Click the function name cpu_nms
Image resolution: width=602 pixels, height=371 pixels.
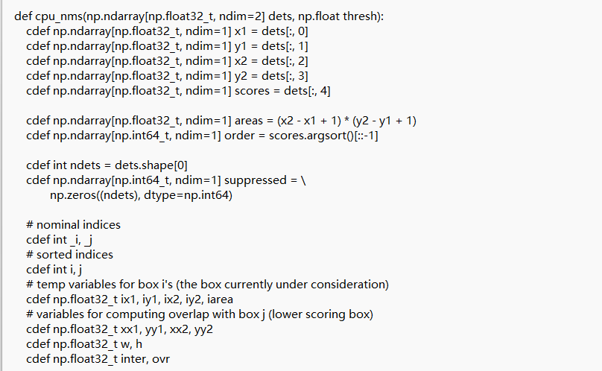(60, 16)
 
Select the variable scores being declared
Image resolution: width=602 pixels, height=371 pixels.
(252, 91)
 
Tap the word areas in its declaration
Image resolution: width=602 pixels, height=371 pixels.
(248, 121)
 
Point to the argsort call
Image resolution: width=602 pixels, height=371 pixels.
(325, 136)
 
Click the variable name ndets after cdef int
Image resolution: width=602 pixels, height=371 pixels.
(85, 165)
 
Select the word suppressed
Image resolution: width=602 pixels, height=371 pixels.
(255, 180)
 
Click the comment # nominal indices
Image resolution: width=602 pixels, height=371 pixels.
(73, 225)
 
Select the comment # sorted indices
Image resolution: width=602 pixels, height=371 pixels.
(69, 255)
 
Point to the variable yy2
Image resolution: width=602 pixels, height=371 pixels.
(203, 329)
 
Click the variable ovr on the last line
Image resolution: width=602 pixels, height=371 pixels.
(161, 360)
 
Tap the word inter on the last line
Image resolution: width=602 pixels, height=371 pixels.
(134, 359)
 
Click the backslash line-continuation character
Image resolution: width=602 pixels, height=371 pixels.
(303, 180)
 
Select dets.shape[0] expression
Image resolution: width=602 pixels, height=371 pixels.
(151, 165)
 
